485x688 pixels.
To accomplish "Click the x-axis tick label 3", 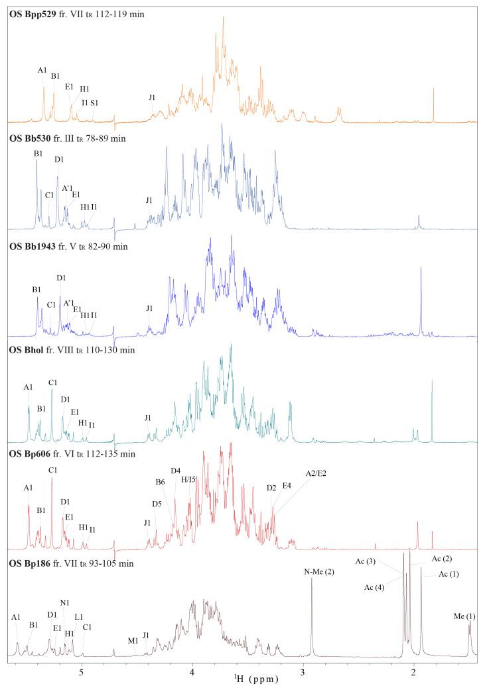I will pos(303,671).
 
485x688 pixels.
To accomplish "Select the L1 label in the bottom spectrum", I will pos(78,616).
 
